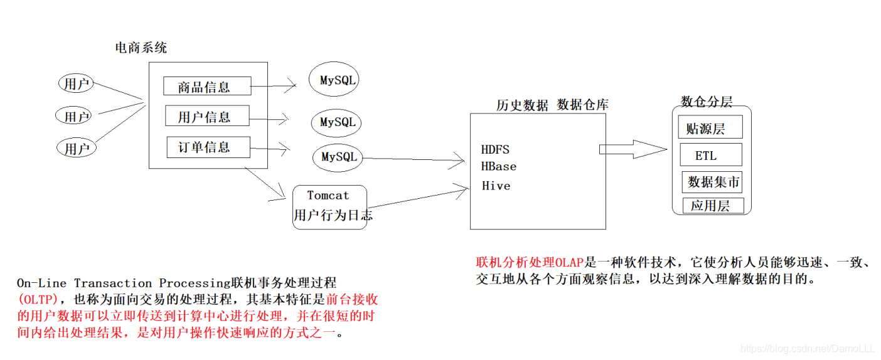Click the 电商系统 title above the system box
pos(141,48)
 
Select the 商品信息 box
pos(206,87)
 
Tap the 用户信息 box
pos(206,116)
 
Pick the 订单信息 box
pos(208,147)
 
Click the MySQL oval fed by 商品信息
pos(337,80)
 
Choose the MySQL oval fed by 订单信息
pos(338,157)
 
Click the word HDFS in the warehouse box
pos(495,149)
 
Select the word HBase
pos(499,166)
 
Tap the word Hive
pos(496,186)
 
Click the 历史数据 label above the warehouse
pos(521,105)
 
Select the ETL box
pos(710,155)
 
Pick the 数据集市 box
pos(713,182)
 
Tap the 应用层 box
pos(713,206)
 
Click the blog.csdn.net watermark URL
pos(809,348)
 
